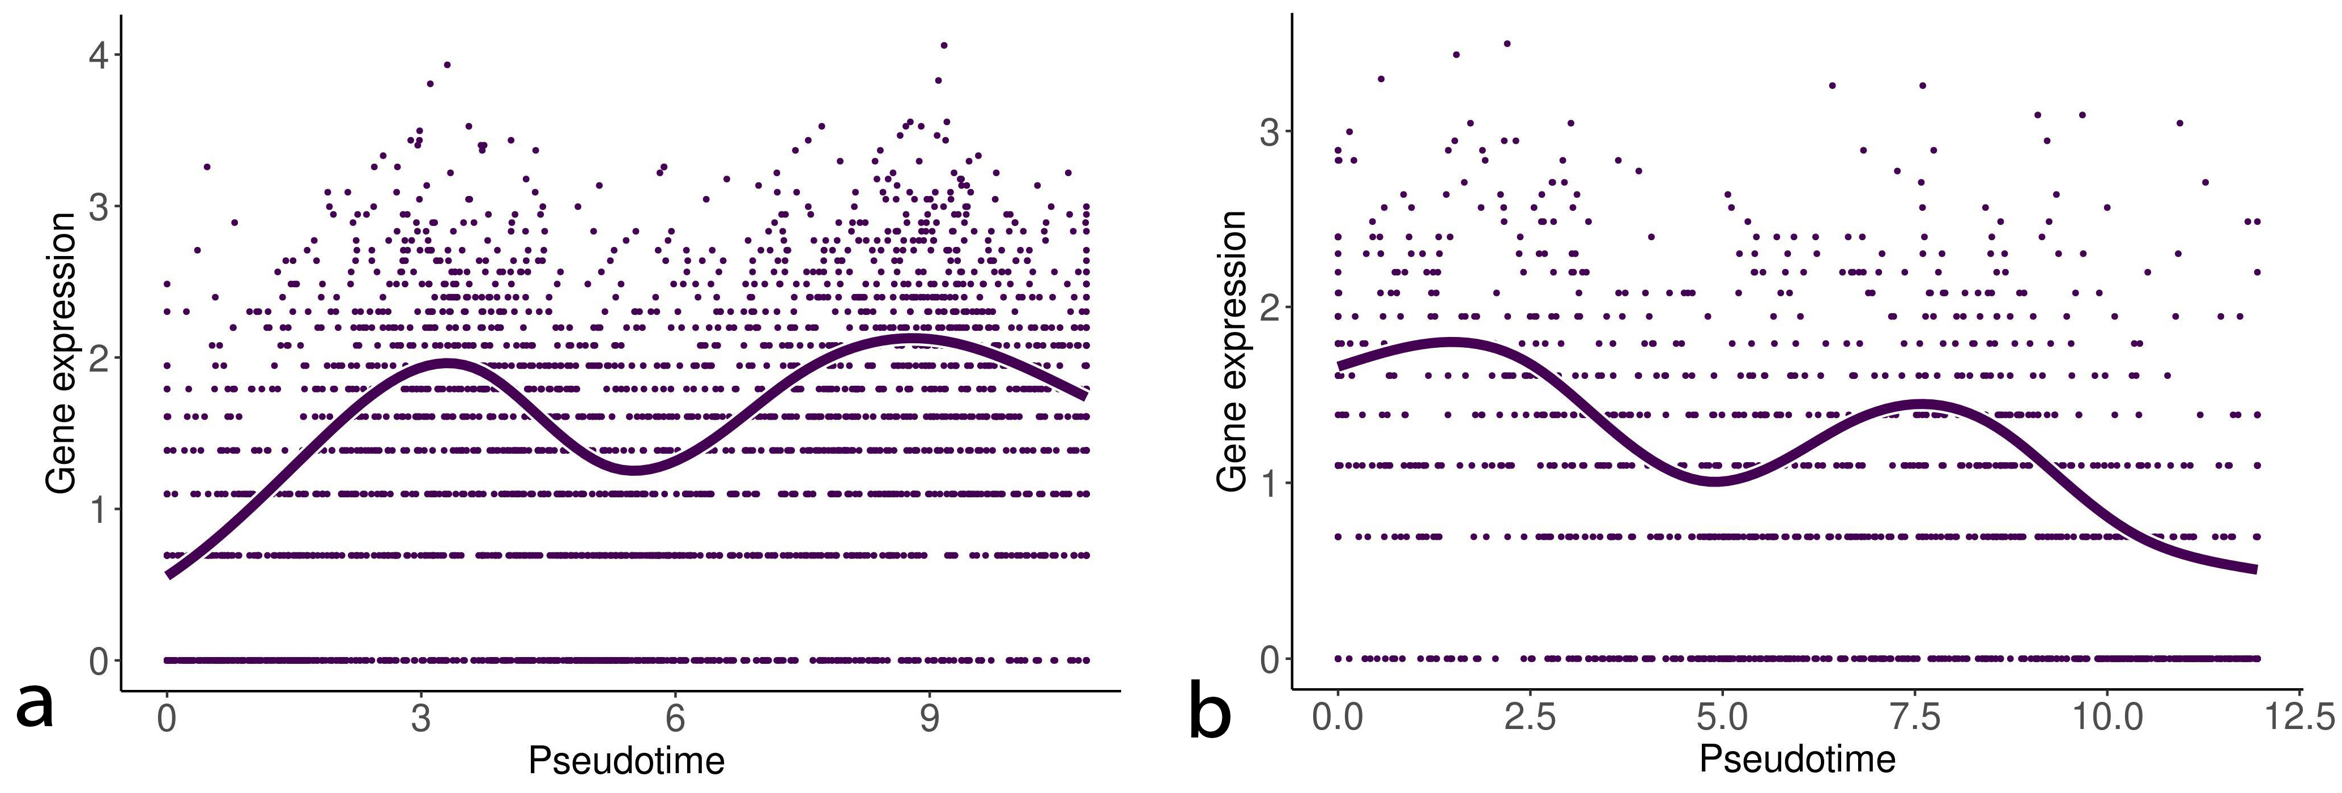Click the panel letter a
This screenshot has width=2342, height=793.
pyautogui.click(x=35, y=706)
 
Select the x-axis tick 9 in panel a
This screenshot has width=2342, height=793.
pyautogui.click(x=929, y=718)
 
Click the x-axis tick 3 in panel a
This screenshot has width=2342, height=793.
pyautogui.click(x=420, y=718)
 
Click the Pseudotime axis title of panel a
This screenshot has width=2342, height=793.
pyautogui.click(x=627, y=760)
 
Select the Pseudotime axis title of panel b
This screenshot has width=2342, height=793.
pyautogui.click(x=1798, y=758)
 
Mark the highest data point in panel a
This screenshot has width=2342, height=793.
pyautogui.click(x=944, y=45)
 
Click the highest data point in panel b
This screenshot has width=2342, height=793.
pyautogui.click(x=1506, y=42)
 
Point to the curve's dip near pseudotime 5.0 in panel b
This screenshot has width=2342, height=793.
pyautogui.click(x=1714, y=479)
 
